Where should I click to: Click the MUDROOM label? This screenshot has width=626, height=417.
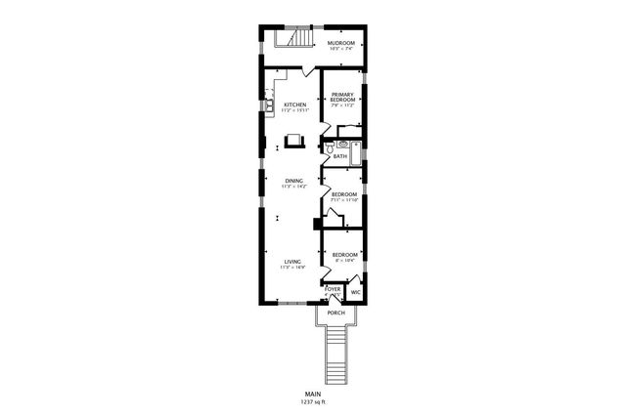point(340,43)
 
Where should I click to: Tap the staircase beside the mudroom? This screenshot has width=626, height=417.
point(292,38)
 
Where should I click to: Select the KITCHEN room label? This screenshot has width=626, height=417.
point(294,104)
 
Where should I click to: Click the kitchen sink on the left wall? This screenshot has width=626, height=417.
point(267,100)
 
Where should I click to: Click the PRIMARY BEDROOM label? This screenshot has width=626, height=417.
point(340,98)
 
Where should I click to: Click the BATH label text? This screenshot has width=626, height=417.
point(340,156)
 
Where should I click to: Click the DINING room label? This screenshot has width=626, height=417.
point(293,181)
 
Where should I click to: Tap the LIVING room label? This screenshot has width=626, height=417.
point(292,261)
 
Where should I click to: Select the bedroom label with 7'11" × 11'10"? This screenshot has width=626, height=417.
point(341,194)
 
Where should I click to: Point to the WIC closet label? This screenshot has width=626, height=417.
point(355,291)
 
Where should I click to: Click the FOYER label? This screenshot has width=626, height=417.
point(333,289)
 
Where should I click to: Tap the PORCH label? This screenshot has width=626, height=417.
point(335,313)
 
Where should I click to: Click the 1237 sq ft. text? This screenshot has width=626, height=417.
point(313,401)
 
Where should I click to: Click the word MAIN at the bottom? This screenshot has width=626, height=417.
point(313,394)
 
